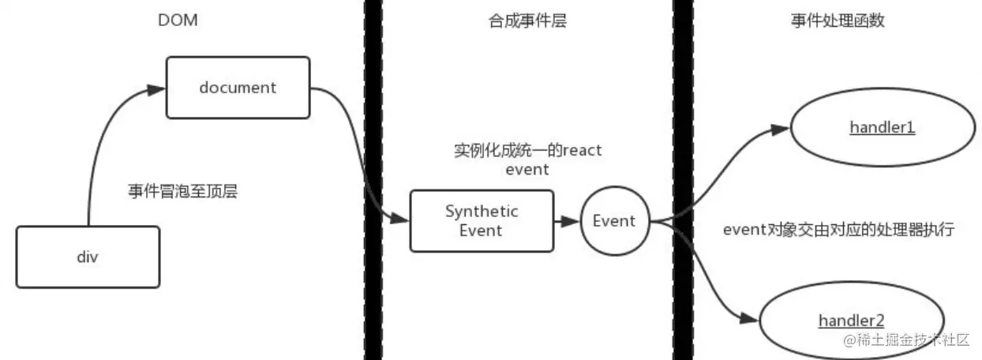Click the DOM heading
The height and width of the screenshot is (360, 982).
click(x=178, y=21)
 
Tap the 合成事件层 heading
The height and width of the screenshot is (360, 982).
click(x=527, y=21)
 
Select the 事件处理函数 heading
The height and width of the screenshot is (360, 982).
click(x=838, y=21)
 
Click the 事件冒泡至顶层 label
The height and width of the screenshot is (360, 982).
click(x=183, y=191)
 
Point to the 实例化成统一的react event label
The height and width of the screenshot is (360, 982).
click(x=527, y=159)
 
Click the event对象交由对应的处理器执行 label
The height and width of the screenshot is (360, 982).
click(x=838, y=229)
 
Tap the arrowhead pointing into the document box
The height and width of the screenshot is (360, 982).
click(x=156, y=90)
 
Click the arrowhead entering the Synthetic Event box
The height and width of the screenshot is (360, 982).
click(x=399, y=218)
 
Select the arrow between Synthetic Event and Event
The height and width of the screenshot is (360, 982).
click(x=568, y=221)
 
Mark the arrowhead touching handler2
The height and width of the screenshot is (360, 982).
click(x=749, y=318)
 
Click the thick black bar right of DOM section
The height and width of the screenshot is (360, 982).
click(x=373, y=180)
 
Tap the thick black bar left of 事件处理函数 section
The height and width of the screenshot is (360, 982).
click(x=683, y=180)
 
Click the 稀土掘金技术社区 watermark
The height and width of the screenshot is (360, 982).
click(x=906, y=339)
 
